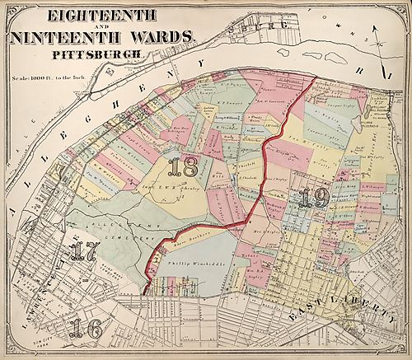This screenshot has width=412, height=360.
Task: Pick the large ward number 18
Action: [x=181, y=168]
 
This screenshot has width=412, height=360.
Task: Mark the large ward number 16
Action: [x=85, y=327]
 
